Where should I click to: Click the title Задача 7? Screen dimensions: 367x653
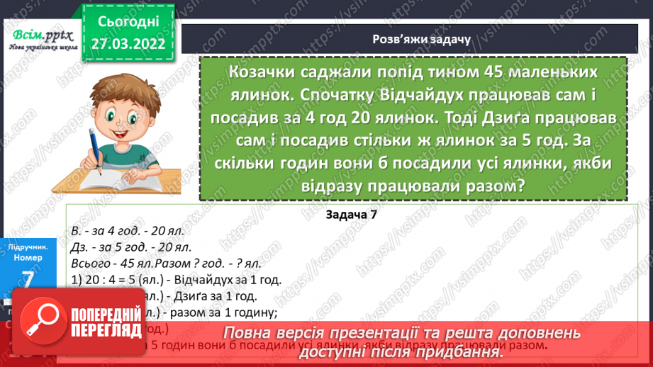[x=352, y=215]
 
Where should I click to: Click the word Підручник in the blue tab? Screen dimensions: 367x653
[x=28, y=247]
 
